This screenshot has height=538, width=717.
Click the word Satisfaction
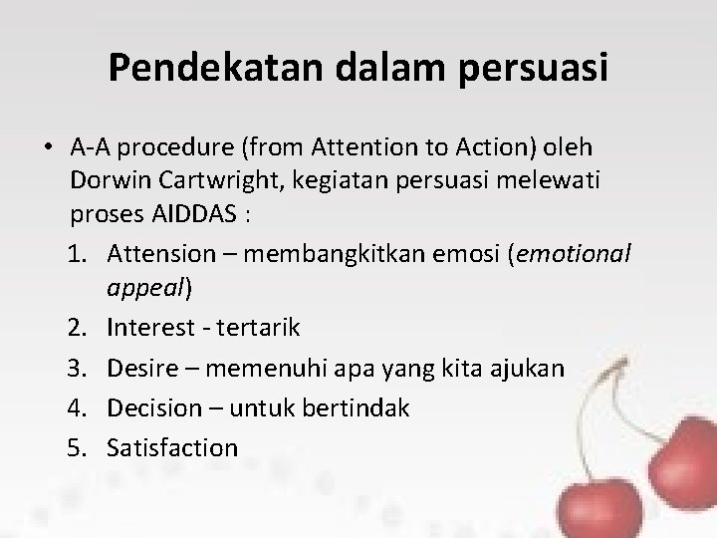(x=171, y=448)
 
